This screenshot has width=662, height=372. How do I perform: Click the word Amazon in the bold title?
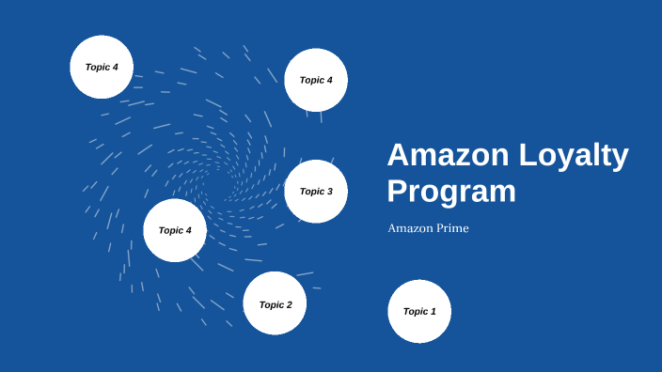[444, 156]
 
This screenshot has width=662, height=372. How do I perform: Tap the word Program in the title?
[451, 191]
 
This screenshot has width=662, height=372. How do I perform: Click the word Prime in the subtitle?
[451, 228]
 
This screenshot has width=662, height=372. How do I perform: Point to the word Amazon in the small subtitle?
[410, 228]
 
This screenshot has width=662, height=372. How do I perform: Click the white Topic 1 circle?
[419, 311]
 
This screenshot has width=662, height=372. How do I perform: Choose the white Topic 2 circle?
[276, 303]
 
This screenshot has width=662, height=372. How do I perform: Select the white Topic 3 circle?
[316, 192]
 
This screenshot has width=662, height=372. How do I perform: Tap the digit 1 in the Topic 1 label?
[433, 311]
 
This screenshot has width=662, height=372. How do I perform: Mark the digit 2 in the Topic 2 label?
[290, 304]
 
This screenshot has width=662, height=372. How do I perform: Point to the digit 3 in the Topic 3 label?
[330, 192]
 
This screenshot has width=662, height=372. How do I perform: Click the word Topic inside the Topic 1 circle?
[415, 311]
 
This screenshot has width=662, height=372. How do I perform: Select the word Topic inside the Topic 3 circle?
[311, 192]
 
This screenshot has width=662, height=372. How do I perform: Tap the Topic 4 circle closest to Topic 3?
[316, 80]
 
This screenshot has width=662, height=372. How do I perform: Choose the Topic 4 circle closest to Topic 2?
[175, 230]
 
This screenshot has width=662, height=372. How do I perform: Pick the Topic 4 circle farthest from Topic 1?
[102, 67]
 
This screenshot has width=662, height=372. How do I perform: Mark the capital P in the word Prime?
[438, 228]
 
